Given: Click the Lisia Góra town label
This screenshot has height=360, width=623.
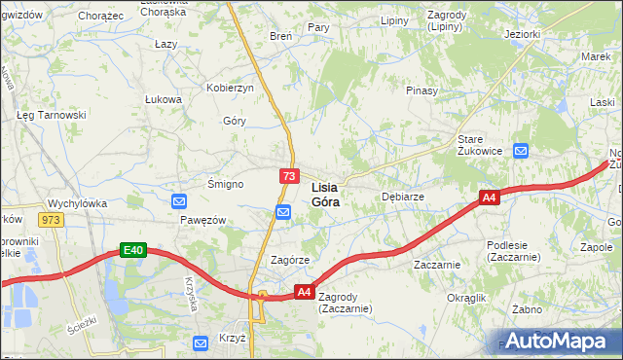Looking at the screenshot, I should coord(325,195).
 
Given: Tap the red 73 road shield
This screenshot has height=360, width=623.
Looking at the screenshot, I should coord(289,176).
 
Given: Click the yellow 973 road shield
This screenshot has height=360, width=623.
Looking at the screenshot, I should coord(52,220).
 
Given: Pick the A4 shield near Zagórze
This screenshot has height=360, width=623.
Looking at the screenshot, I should coord(304,291).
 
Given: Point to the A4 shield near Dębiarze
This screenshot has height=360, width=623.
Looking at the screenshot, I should coord(489,198).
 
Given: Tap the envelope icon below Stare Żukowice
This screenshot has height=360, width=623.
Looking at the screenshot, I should coord(521,151).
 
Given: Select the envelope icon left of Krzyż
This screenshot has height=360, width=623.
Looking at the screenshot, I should coord(201,342).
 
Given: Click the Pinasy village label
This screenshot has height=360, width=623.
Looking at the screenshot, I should coord(421,90).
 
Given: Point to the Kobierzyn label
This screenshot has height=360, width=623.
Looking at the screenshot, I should coord(230,88).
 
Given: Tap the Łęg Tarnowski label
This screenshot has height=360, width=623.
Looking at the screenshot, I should coord(52,115).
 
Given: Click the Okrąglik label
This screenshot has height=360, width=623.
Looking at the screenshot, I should coord(465,297).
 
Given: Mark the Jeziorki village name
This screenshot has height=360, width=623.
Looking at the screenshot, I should coord(523,34).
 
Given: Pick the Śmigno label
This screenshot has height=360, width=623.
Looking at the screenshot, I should coord(225,183).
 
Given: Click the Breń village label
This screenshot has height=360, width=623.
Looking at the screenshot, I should coord(280,36).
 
